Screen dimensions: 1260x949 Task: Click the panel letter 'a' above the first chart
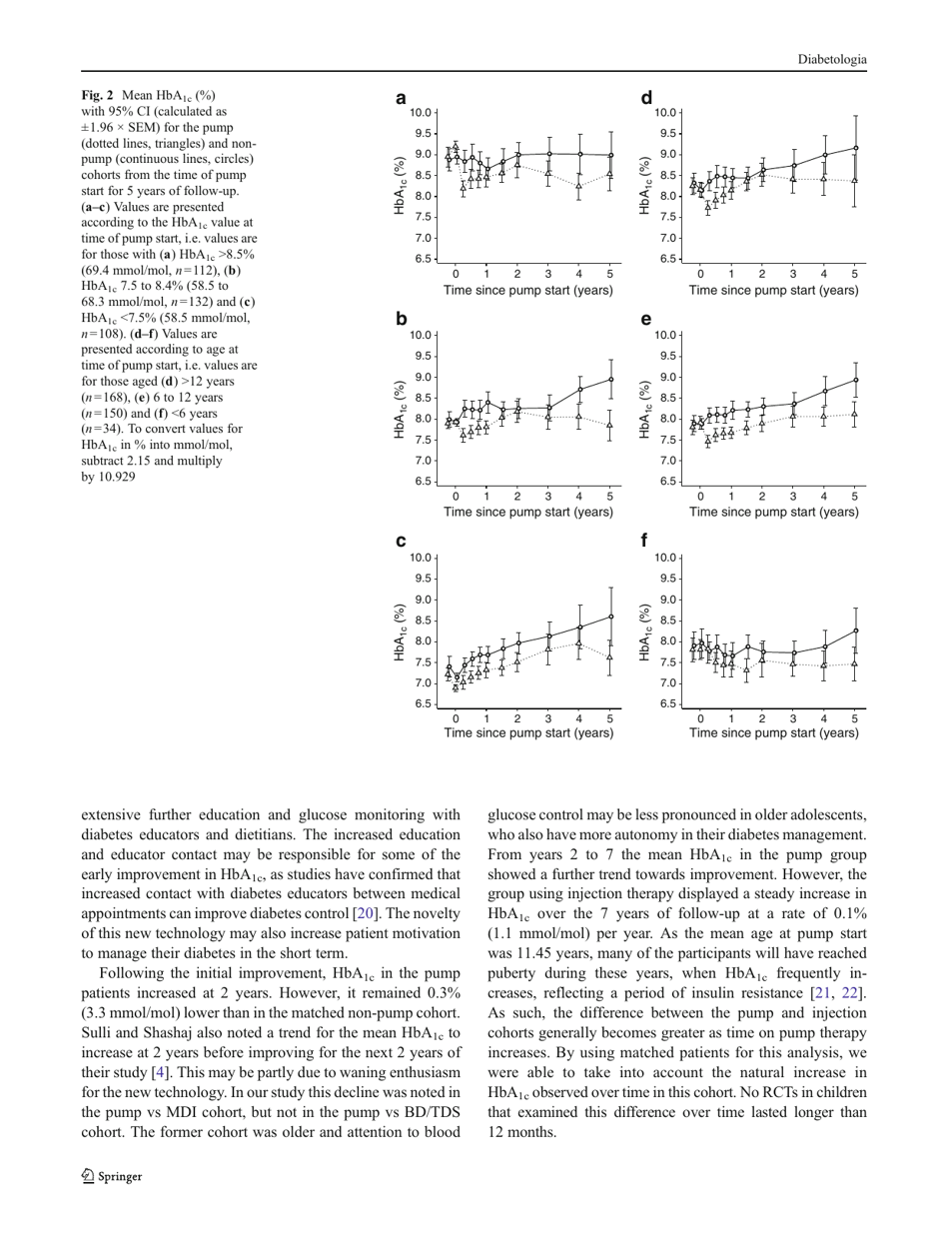[x=401, y=98]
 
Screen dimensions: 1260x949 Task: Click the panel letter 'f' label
[x=645, y=542]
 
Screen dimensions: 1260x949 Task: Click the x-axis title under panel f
[x=777, y=732]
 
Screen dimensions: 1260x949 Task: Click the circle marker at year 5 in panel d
[x=855, y=148]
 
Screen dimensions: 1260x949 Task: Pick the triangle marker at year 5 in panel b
[x=610, y=425]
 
